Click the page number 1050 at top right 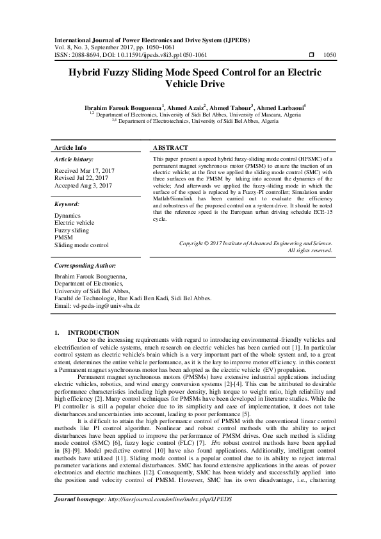point(330,55)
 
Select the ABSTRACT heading point(173,147)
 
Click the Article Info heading point(71,147)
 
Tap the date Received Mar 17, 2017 point(85,171)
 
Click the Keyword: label point(67,203)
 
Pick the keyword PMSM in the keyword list point(64,237)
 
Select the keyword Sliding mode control point(81,245)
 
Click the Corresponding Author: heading point(85,264)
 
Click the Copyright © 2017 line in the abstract point(255,243)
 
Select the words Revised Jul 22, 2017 point(82,178)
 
